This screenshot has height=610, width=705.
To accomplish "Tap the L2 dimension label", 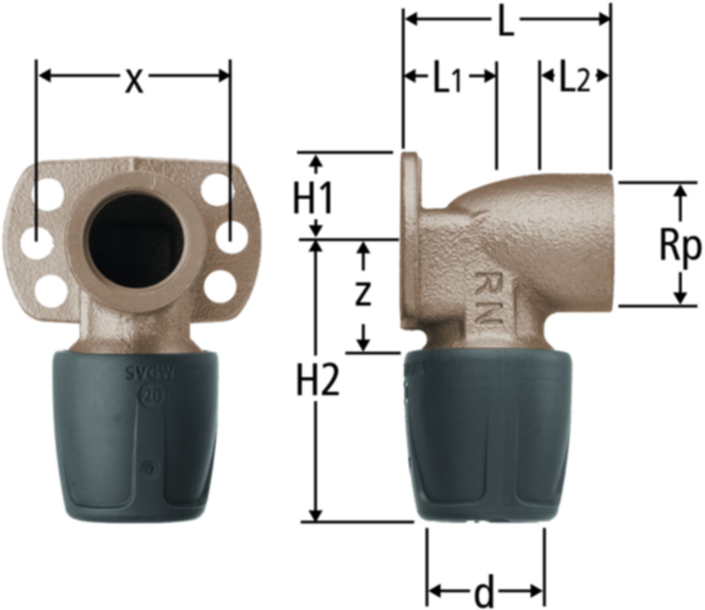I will pos(574,80).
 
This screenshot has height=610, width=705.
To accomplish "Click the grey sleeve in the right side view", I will pos(487,436).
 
